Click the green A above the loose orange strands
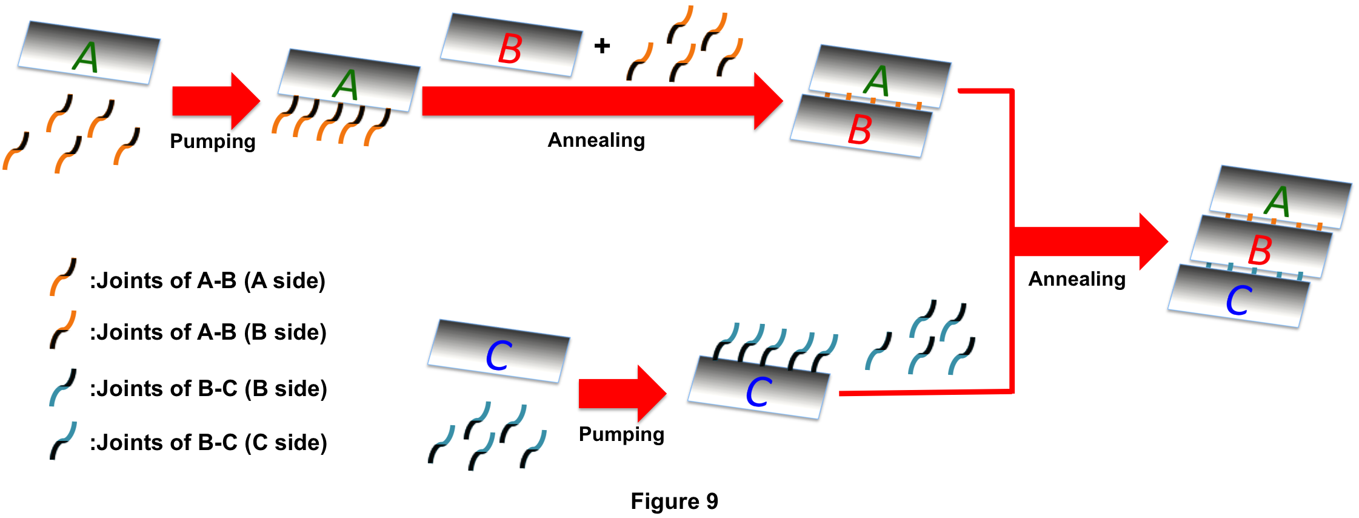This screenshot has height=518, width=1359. point(85,58)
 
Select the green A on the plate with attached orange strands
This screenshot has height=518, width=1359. point(346,84)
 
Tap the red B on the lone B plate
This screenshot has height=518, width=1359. point(510,49)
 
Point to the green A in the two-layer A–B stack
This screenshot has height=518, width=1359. point(877,81)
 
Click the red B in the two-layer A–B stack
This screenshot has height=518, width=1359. point(860,129)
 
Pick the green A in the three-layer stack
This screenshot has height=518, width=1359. point(1278,201)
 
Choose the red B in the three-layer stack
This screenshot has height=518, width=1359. point(1260,250)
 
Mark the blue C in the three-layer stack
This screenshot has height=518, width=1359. point(1239,300)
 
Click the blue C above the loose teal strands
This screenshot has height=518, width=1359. point(499,355)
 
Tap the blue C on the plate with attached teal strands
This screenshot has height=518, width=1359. point(758,392)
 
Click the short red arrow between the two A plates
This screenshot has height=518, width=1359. point(215,101)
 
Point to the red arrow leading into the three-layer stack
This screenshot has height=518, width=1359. point(1091,241)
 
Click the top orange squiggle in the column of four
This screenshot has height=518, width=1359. point(63,277)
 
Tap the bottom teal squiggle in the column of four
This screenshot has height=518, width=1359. point(63,440)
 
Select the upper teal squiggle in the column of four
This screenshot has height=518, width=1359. point(62,387)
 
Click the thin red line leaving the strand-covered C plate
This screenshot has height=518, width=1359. point(921,392)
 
